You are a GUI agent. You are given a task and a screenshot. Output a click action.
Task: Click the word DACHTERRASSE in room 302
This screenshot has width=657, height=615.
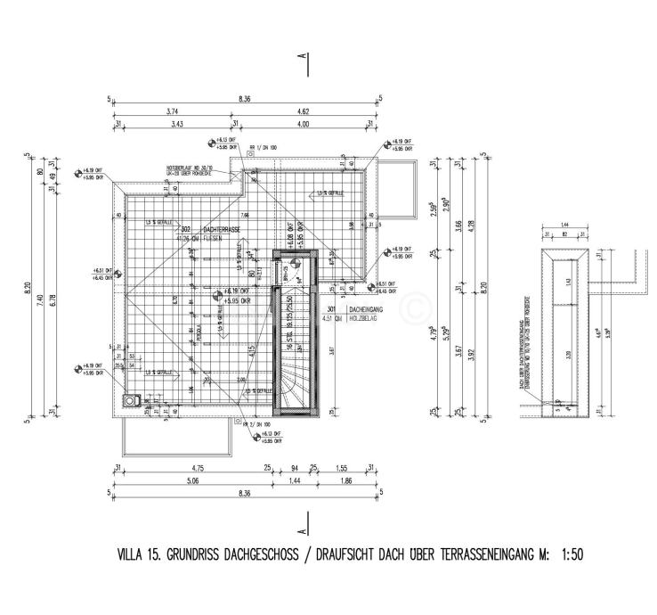(x=222, y=230)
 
